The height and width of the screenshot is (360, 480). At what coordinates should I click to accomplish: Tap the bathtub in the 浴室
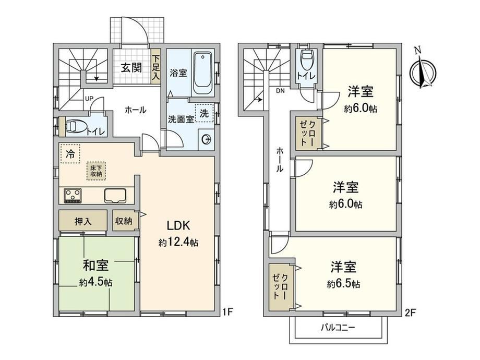pos(202,74)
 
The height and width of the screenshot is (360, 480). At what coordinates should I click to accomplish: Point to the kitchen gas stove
pos(73,196)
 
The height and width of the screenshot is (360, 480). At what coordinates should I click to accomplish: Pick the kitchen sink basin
pos(115,195)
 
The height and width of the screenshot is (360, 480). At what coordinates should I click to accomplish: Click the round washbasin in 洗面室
pos(206,140)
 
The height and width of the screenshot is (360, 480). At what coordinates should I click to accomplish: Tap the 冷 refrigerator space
pos(70,154)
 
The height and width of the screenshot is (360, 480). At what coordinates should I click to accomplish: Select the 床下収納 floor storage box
pos(96,171)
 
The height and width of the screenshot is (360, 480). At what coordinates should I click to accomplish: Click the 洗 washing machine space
pos(204,113)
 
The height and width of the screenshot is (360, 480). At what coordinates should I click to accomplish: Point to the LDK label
pos(178,225)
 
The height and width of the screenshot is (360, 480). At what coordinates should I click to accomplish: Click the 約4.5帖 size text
pos(95,282)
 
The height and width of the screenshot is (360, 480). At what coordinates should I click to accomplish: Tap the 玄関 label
pos(131,67)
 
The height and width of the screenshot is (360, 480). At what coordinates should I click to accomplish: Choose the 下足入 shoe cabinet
pos(156,66)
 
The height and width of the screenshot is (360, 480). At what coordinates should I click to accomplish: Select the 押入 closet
pos(82,220)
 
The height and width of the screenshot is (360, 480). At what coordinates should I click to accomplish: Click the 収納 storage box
pos(124,220)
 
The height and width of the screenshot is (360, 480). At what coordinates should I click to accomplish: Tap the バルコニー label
pos(338,328)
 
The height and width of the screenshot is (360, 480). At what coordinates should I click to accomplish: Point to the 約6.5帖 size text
pos(343,284)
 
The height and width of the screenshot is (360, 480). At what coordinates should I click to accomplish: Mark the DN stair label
pos(280,91)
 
